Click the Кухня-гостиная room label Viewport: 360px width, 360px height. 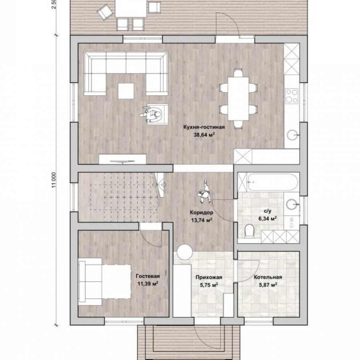click(x=204, y=127)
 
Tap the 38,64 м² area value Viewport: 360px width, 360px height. click(x=204, y=135)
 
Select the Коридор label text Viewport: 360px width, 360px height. click(x=201, y=213)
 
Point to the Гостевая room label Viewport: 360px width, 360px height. click(x=148, y=276)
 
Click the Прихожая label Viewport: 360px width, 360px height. click(x=209, y=277)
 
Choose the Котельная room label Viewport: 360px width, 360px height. click(x=268, y=277)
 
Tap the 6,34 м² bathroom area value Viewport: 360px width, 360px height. click(x=268, y=218)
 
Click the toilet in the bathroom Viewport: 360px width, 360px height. click(x=249, y=230)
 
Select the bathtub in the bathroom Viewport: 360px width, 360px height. click(x=272, y=182)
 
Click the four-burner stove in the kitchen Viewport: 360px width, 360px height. click(x=292, y=96)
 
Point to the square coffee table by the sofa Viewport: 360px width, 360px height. click(x=126, y=91)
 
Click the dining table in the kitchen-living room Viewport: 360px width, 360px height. click(x=238, y=99)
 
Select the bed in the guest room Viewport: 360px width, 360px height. click(x=104, y=282)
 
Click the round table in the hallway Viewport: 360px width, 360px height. click(x=184, y=252)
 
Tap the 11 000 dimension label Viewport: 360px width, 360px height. click(x=54, y=180)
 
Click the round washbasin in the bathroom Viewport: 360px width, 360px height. click(x=292, y=204)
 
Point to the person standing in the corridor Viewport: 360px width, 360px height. click(x=204, y=192)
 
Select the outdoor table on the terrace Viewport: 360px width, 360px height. click(x=131, y=8)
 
